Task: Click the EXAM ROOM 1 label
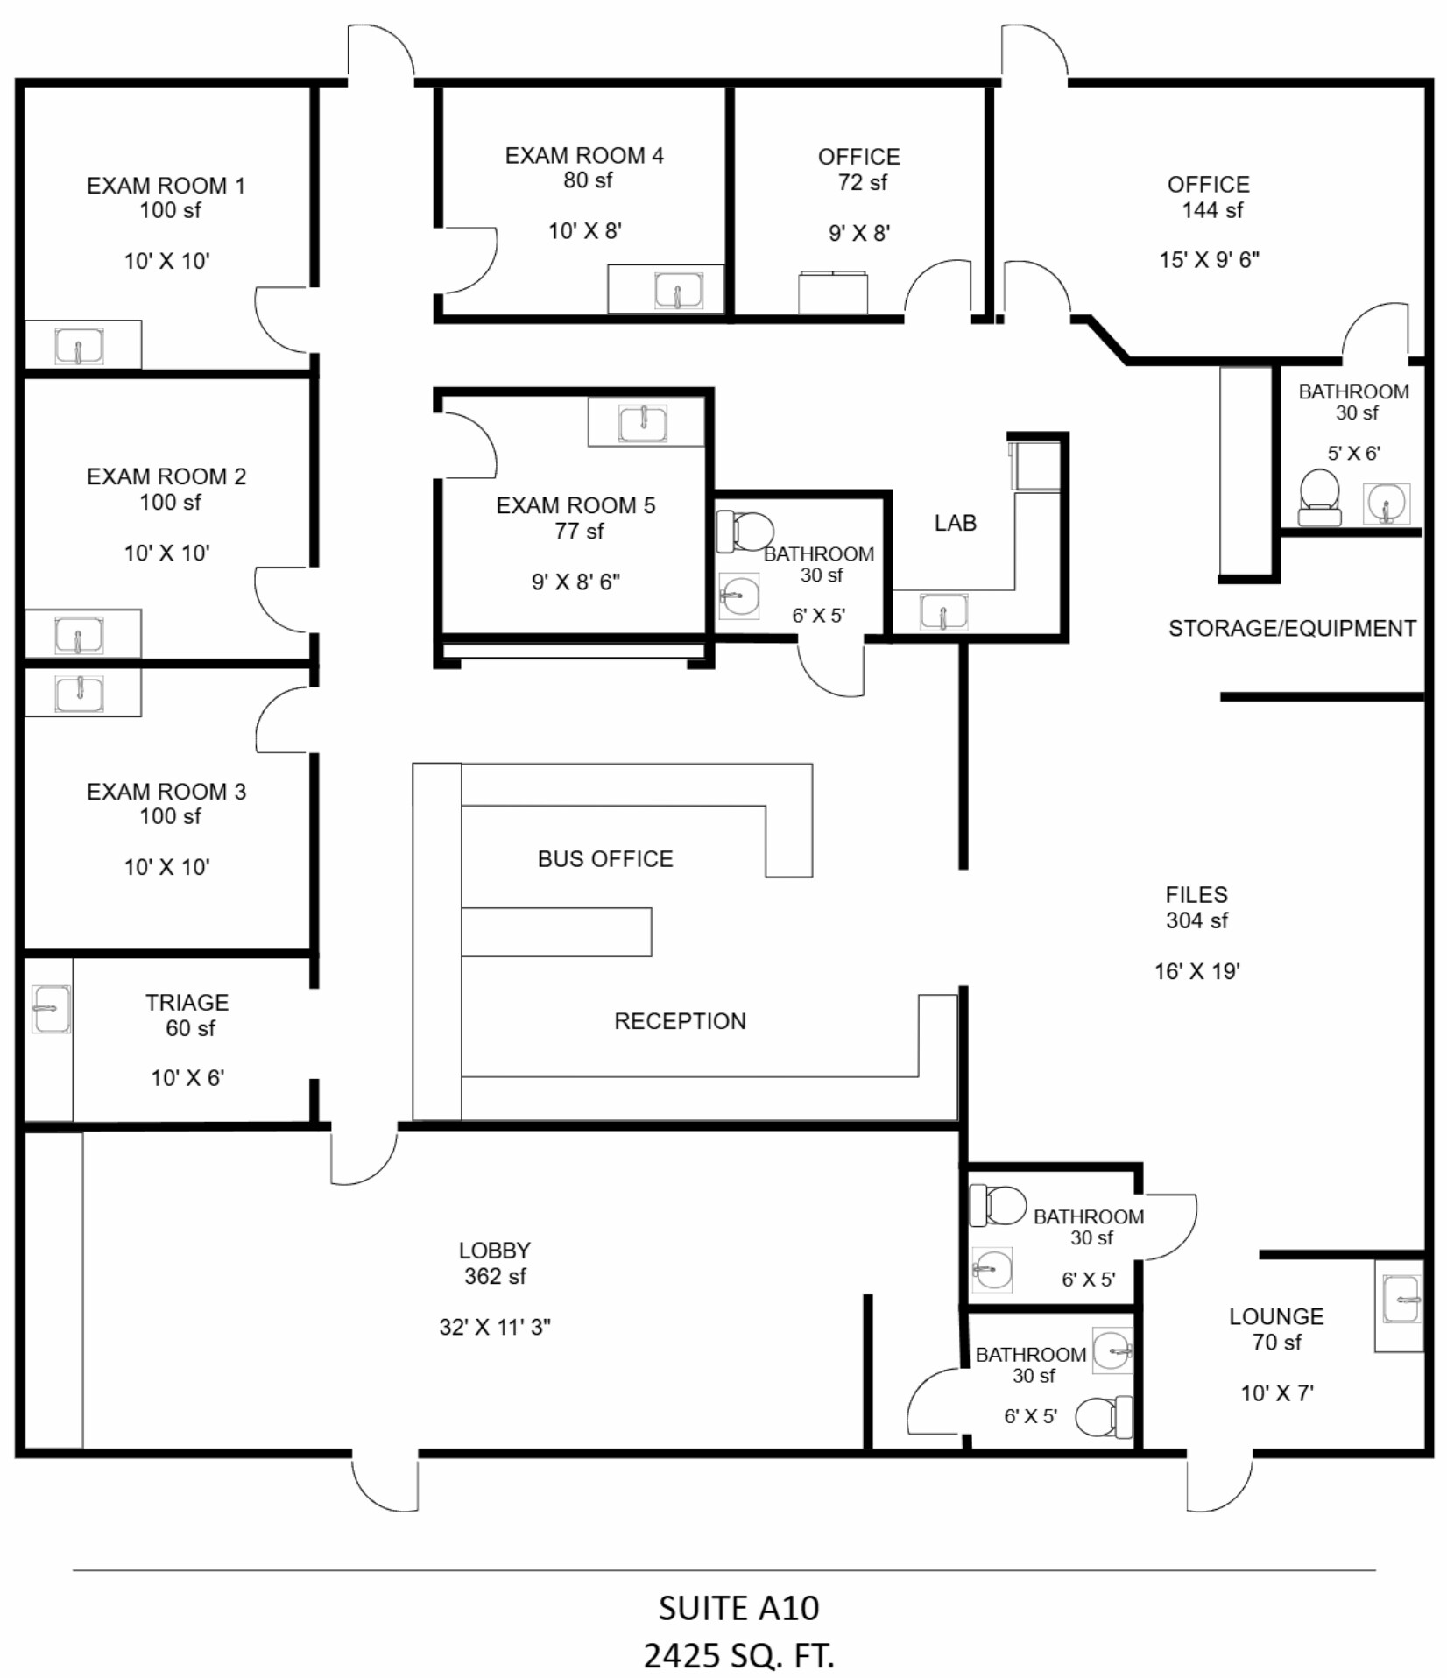click(x=166, y=186)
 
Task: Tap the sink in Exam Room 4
click(x=678, y=291)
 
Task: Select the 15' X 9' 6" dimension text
click(x=1209, y=260)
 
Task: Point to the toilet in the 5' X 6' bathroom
click(x=1319, y=497)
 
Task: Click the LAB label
click(x=955, y=523)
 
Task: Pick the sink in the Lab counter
click(x=943, y=611)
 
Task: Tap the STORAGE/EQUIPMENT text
click(x=1292, y=628)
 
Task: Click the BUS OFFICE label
click(x=605, y=858)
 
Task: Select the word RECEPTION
click(x=680, y=1020)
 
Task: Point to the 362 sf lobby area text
click(x=495, y=1276)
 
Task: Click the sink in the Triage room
click(x=51, y=1009)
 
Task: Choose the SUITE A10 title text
click(x=738, y=1608)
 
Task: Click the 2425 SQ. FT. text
click(x=738, y=1655)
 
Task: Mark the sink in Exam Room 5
click(x=643, y=423)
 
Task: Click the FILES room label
click(x=1196, y=894)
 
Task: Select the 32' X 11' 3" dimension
click(x=495, y=1327)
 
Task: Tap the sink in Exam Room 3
click(x=79, y=693)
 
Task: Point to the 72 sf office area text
click(x=862, y=182)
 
